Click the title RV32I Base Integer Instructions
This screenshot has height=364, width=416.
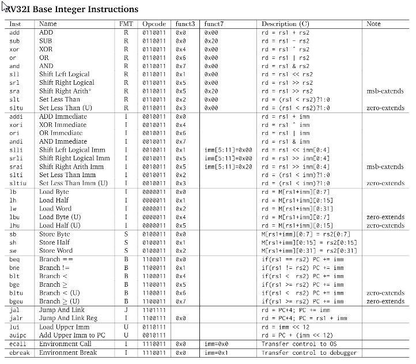[74, 9]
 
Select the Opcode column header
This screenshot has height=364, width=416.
[154, 24]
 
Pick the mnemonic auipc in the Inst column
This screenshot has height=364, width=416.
[17, 335]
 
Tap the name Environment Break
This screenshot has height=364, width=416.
[67, 352]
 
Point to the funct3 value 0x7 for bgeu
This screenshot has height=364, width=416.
[181, 301]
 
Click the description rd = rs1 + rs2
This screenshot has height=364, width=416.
[285, 32]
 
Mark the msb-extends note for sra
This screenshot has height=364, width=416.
[385, 91]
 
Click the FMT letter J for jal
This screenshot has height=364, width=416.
[126, 310]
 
